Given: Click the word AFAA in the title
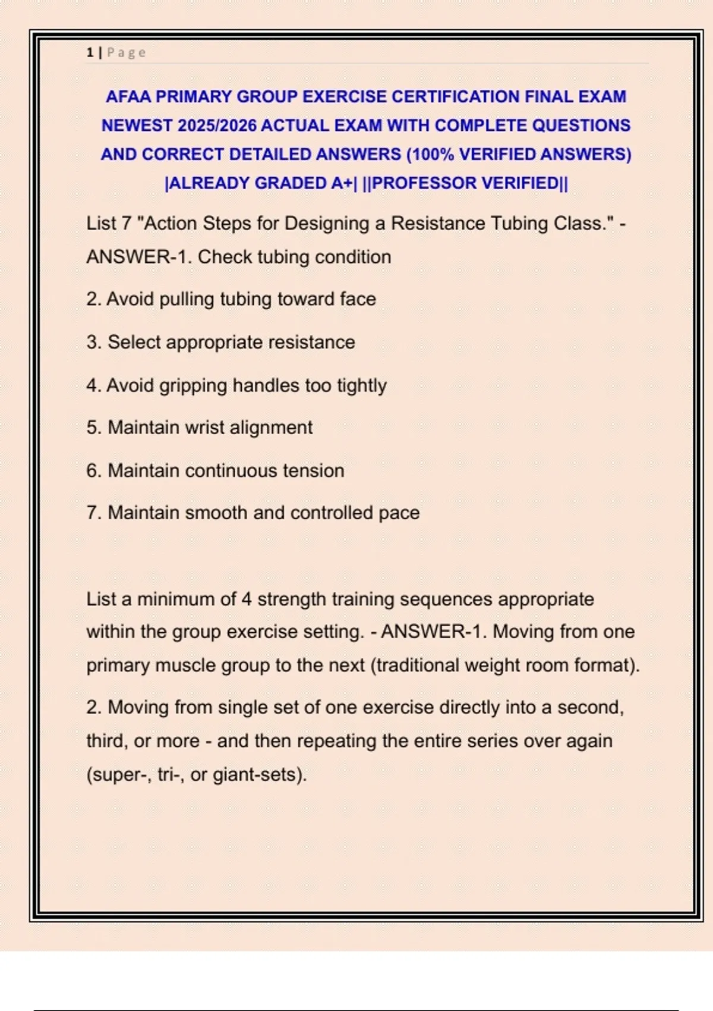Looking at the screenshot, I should (x=128, y=96).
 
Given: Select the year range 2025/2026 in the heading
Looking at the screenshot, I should (x=216, y=125).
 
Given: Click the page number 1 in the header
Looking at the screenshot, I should (x=90, y=52).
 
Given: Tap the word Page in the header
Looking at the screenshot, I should (x=126, y=52).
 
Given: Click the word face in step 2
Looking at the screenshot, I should (x=358, y=299).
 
